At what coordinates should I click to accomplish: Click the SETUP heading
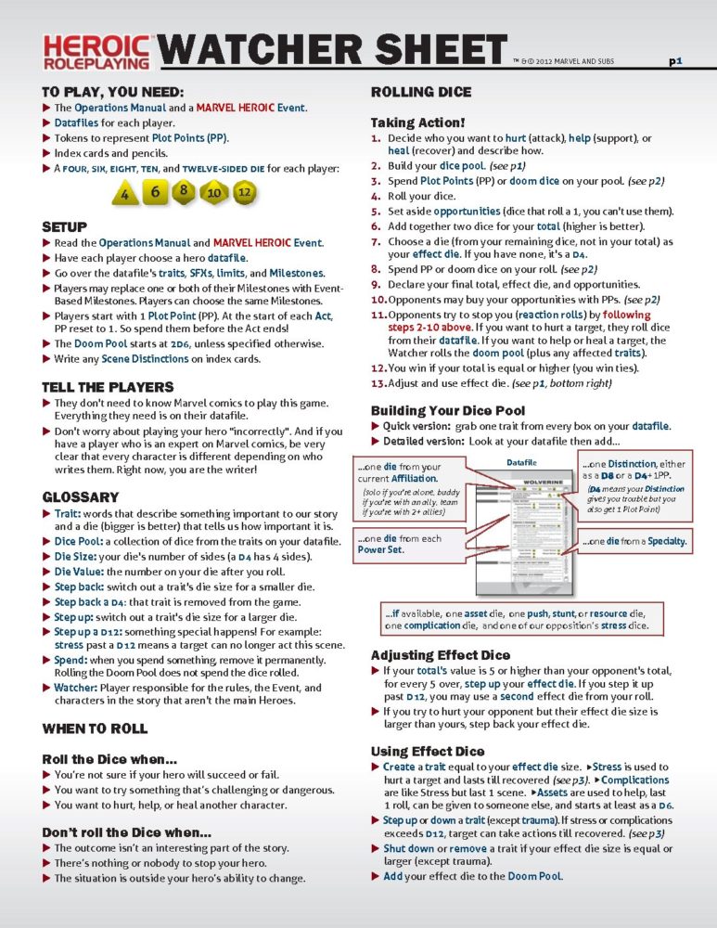click(65, 226)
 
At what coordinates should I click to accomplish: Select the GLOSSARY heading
click(81, 496)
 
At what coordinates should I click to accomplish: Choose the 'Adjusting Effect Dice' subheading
click(441, 654)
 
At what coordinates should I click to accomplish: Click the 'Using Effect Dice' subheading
click(422, 750)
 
